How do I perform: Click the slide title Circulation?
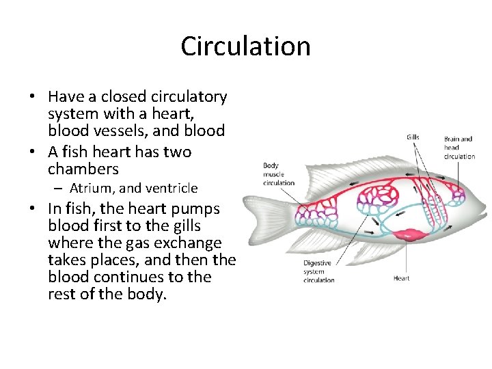245,46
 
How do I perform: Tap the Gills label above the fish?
413,137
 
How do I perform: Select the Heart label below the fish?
402,278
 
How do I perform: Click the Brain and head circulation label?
459,148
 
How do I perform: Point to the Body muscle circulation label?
279,174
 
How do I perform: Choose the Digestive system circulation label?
318,271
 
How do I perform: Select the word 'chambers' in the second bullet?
83,169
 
